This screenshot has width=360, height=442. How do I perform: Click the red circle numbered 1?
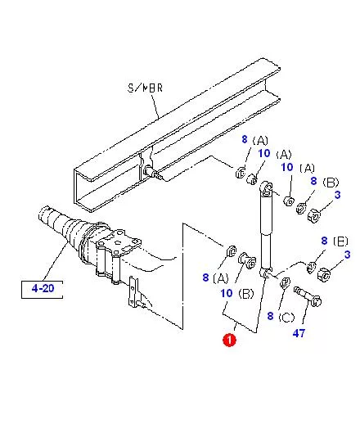tap(229, 340)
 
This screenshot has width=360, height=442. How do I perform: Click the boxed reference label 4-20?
tap(43, 289)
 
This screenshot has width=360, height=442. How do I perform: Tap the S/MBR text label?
tap(146, 88)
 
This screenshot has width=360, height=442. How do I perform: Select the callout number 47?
tap(299, 333)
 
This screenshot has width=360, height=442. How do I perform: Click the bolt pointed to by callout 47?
tap(308, 296)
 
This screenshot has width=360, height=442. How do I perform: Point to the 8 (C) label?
tap(281, 317)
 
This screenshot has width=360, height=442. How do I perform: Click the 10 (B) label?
tap(237, 294)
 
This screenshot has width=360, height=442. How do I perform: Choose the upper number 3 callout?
tap(337, 195)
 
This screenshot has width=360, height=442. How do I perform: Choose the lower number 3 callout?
tap(348, 255)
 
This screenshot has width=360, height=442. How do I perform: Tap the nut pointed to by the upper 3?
tap(314, 215)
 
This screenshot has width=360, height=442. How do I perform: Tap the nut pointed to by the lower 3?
tap(324, 274)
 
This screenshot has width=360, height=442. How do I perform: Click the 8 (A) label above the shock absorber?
tap(255, 140)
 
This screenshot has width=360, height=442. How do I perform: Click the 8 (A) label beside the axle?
tap(215, 277)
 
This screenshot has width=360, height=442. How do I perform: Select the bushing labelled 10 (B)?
tap(247, 260)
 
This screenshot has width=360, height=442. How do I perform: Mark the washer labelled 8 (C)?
tap(285, 282)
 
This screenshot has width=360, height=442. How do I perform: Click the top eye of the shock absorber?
tap(266, 188)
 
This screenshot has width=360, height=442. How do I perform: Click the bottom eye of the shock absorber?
tap(265, 272)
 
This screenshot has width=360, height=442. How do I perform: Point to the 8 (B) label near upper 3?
tap(325, 181)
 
